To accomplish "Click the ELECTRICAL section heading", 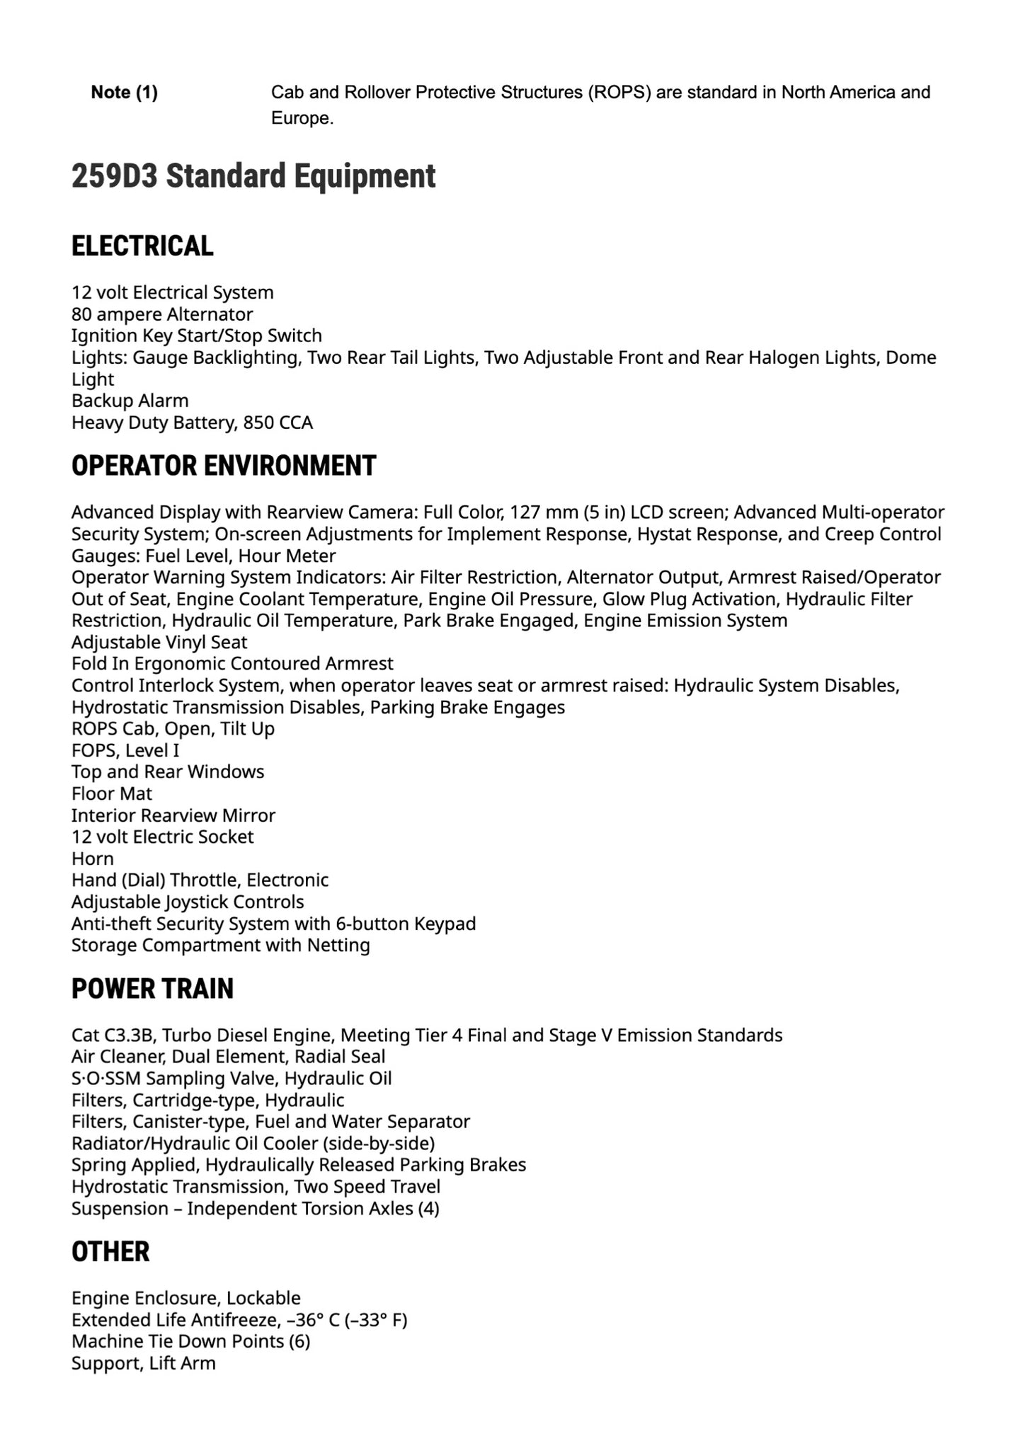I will [x=142, y=246].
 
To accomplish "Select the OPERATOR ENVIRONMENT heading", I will [x=224, y=466].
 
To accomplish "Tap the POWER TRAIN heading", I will [x=152, y=989].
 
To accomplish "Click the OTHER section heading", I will [x=110, y=1251].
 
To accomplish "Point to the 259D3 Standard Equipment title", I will [x=253, y=176].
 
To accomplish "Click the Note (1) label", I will [x=124, y=92].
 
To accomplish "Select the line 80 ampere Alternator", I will [x=162, y=314].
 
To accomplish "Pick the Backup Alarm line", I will [x=130, y=401].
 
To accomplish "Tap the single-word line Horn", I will [x=93, y=859].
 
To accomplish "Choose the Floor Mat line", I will [x=112, y=793].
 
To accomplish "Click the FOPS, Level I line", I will [x=125, y=750].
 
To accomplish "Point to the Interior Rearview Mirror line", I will [x=173, y=815].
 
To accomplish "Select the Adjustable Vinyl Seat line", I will [x=159, y=642].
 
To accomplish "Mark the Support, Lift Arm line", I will [x=144, y=1362].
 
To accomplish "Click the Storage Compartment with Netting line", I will [x=221, y=945].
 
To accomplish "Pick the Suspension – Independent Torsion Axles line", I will [x=255, y=1208].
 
